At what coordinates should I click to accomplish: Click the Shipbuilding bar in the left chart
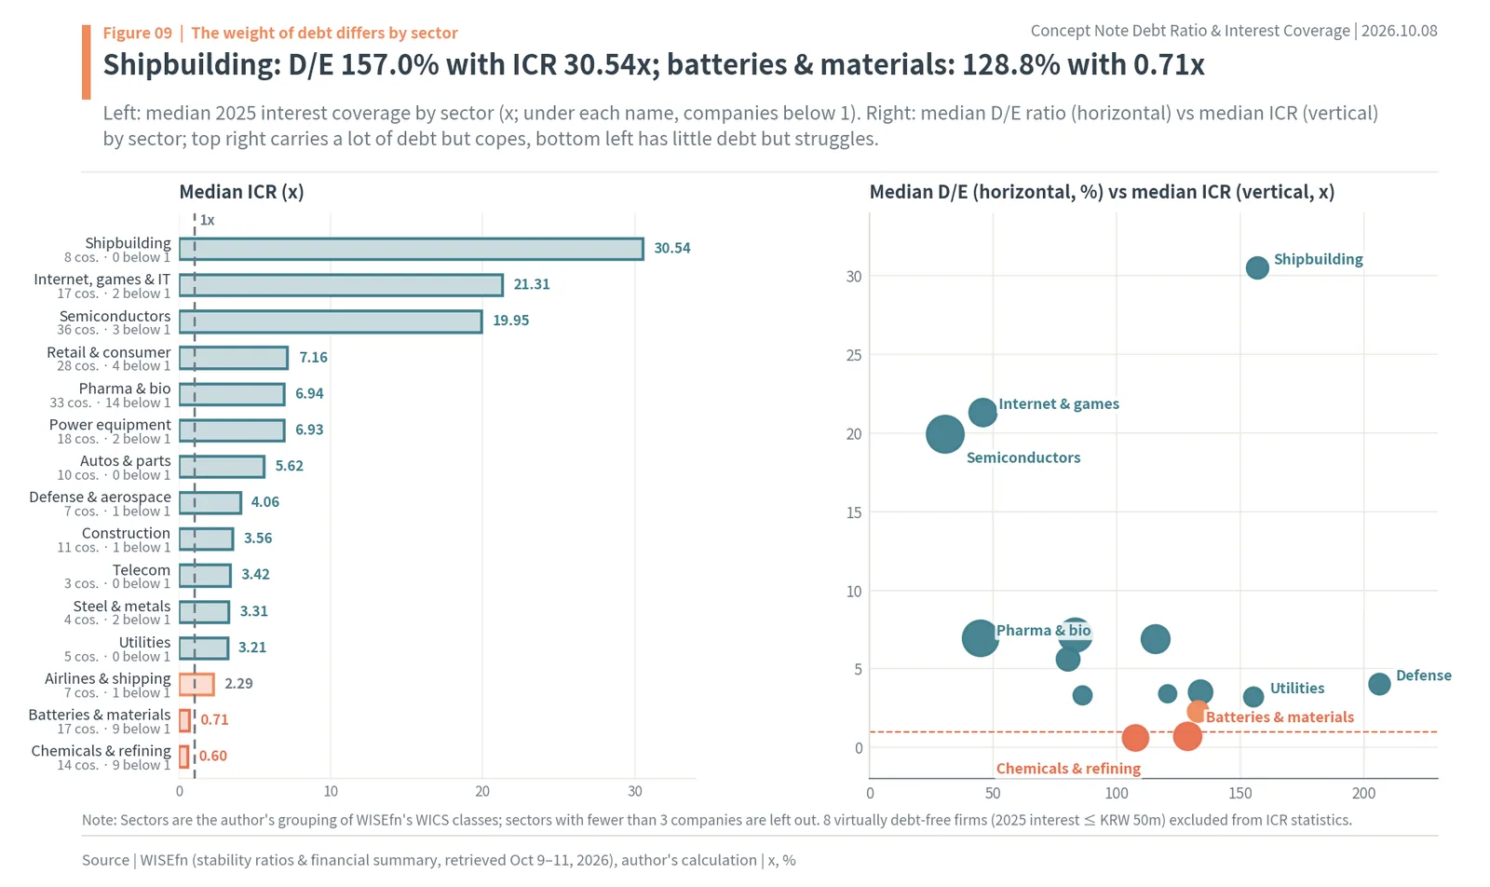411,249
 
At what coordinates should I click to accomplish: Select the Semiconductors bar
331,321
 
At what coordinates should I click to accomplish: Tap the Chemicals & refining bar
184,757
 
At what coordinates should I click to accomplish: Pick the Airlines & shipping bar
196,684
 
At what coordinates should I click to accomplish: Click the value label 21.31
532,285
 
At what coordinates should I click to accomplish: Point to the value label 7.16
313,358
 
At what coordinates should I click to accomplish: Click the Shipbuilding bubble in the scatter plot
1257,267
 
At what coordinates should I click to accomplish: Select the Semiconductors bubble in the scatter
945,434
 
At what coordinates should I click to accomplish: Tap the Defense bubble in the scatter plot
1379,683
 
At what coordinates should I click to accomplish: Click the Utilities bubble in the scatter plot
1253,697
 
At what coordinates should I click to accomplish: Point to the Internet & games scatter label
1059,404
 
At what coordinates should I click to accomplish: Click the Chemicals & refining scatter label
1068,769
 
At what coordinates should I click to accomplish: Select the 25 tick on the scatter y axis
853,355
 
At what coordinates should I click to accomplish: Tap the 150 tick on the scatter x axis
1239,793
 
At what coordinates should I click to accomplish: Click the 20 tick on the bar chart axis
482,791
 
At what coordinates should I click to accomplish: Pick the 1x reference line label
208,220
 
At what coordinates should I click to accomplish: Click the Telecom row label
141,570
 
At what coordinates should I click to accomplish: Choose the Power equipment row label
110,425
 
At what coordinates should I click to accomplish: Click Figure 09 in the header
138,34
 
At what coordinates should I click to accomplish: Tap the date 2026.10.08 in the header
1400,32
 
